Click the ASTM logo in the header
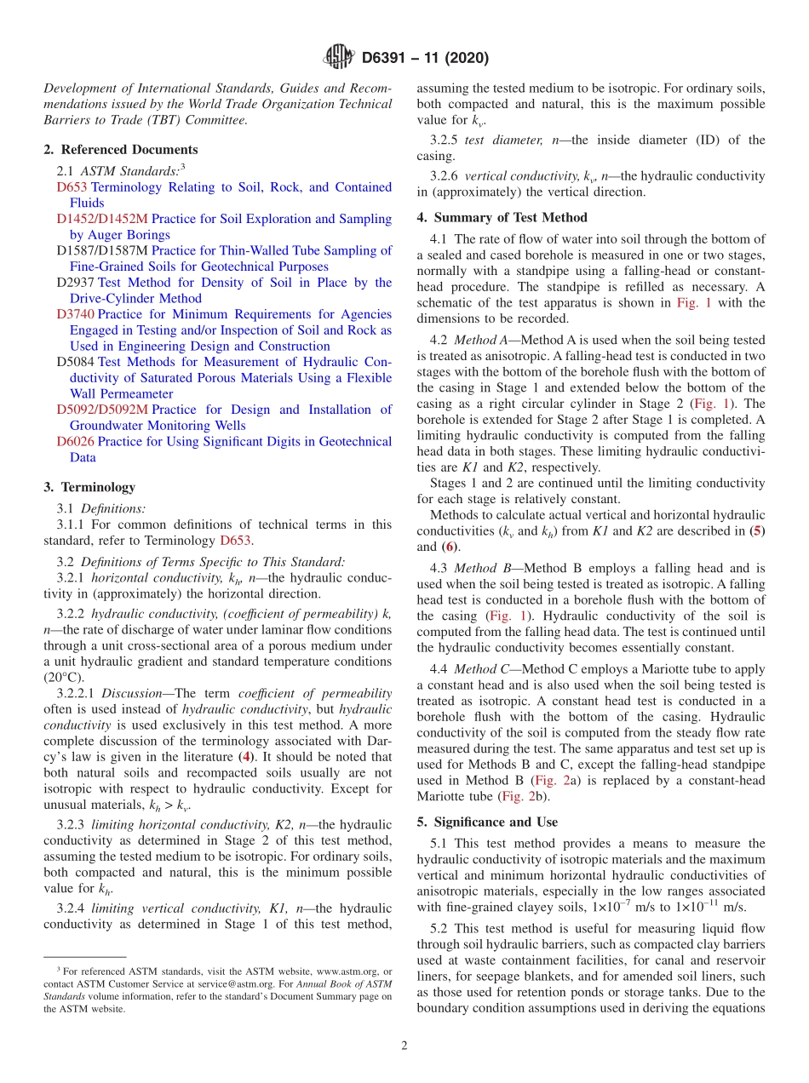338,58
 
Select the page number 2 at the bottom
404,1046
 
